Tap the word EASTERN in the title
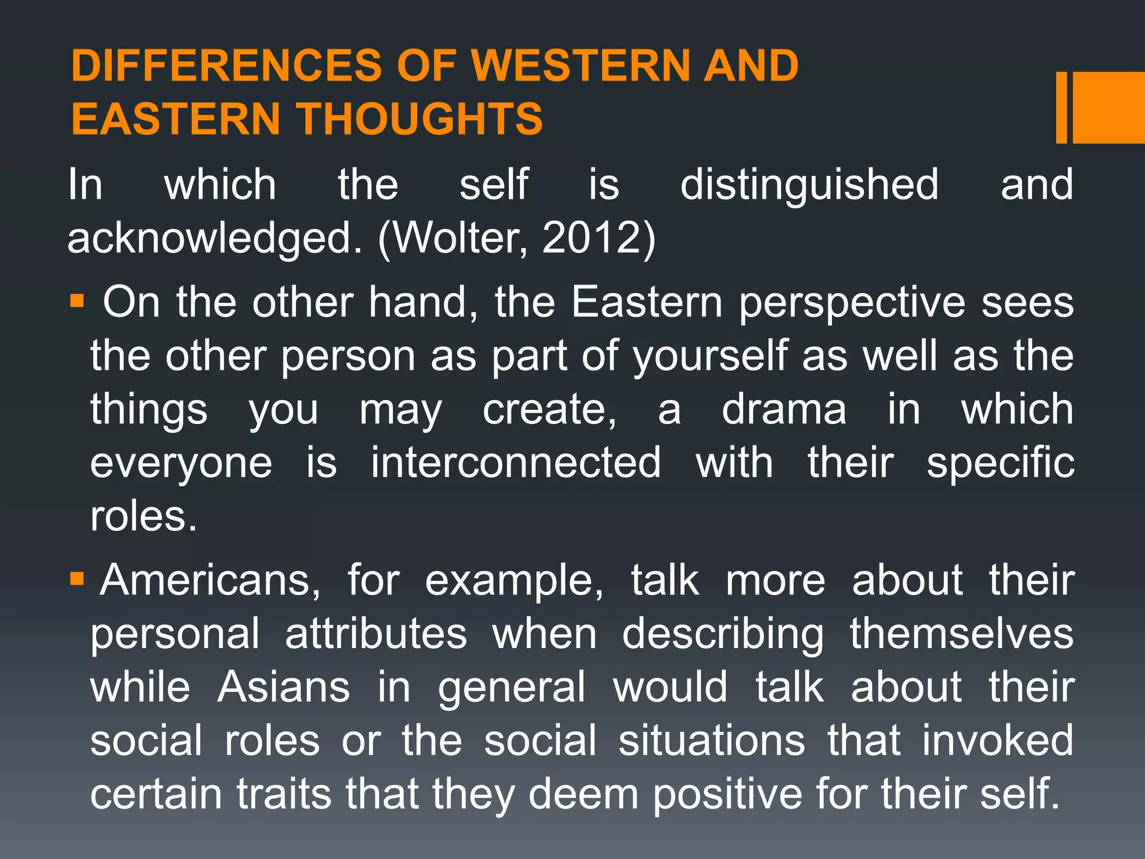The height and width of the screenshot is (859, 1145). click(x=175, y=119)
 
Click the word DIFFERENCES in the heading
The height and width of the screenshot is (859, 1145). click(x=226, y=66)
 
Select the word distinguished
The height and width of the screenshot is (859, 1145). click(x=809, y=185)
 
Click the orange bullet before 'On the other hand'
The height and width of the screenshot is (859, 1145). click(x=77, y=302)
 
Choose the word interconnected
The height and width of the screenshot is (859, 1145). click(x=515, y=462)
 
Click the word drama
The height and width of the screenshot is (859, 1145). click(x=784, y=409)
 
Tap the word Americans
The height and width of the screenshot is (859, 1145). click(x=210, y=580)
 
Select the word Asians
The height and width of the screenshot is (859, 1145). click(x=283, y=687)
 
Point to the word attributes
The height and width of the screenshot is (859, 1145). click(x=376, y=634)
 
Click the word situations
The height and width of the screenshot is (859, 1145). click(x=711, y=740)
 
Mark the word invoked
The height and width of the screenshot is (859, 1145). click(x=997, y=740)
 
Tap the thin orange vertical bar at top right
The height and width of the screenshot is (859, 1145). click(x=1061, y=107)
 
